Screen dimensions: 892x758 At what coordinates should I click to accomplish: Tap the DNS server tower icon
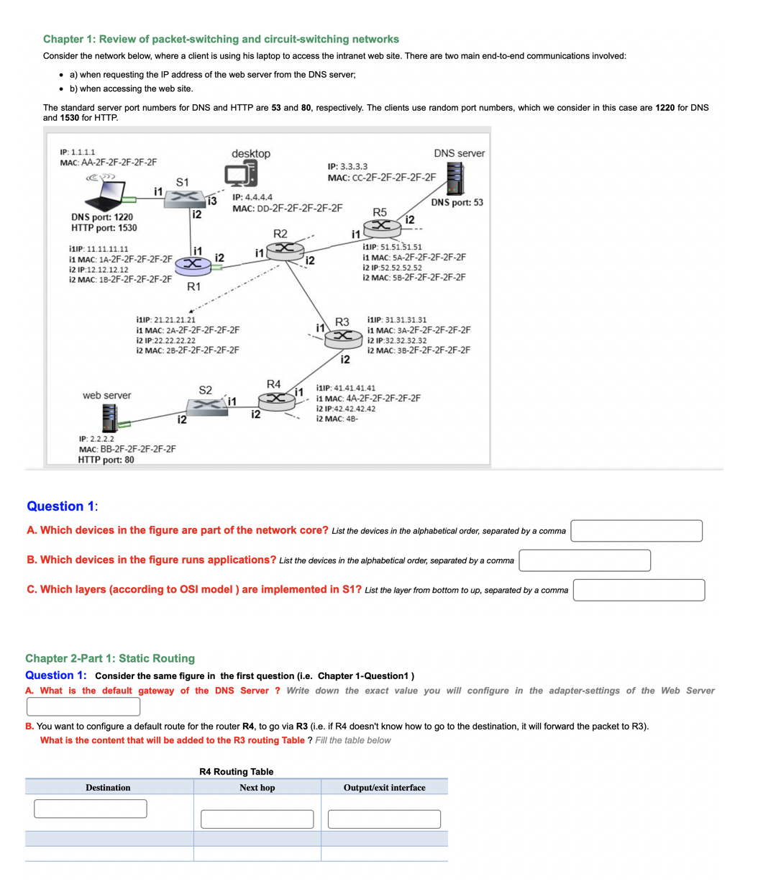455,178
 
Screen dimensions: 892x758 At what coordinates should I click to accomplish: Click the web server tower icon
109,416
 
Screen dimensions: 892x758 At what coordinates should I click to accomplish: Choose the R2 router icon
285,250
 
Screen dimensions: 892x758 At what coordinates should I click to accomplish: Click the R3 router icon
344,336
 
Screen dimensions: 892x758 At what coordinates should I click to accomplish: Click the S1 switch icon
184,198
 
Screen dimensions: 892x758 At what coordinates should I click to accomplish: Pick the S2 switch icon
207,405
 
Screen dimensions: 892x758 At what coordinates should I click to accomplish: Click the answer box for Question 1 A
636,531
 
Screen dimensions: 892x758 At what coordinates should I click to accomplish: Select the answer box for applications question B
584,560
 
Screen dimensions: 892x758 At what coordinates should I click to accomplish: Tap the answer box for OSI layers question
639,590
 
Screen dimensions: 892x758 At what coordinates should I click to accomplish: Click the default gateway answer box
83,706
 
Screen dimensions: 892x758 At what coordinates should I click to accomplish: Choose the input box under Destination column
90,809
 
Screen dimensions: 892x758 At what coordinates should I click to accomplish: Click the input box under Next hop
257,819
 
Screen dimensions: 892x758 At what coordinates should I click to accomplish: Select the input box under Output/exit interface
384,819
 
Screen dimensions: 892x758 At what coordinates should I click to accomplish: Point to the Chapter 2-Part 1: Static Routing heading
110,658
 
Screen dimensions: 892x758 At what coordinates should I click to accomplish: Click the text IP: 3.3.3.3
347,166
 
